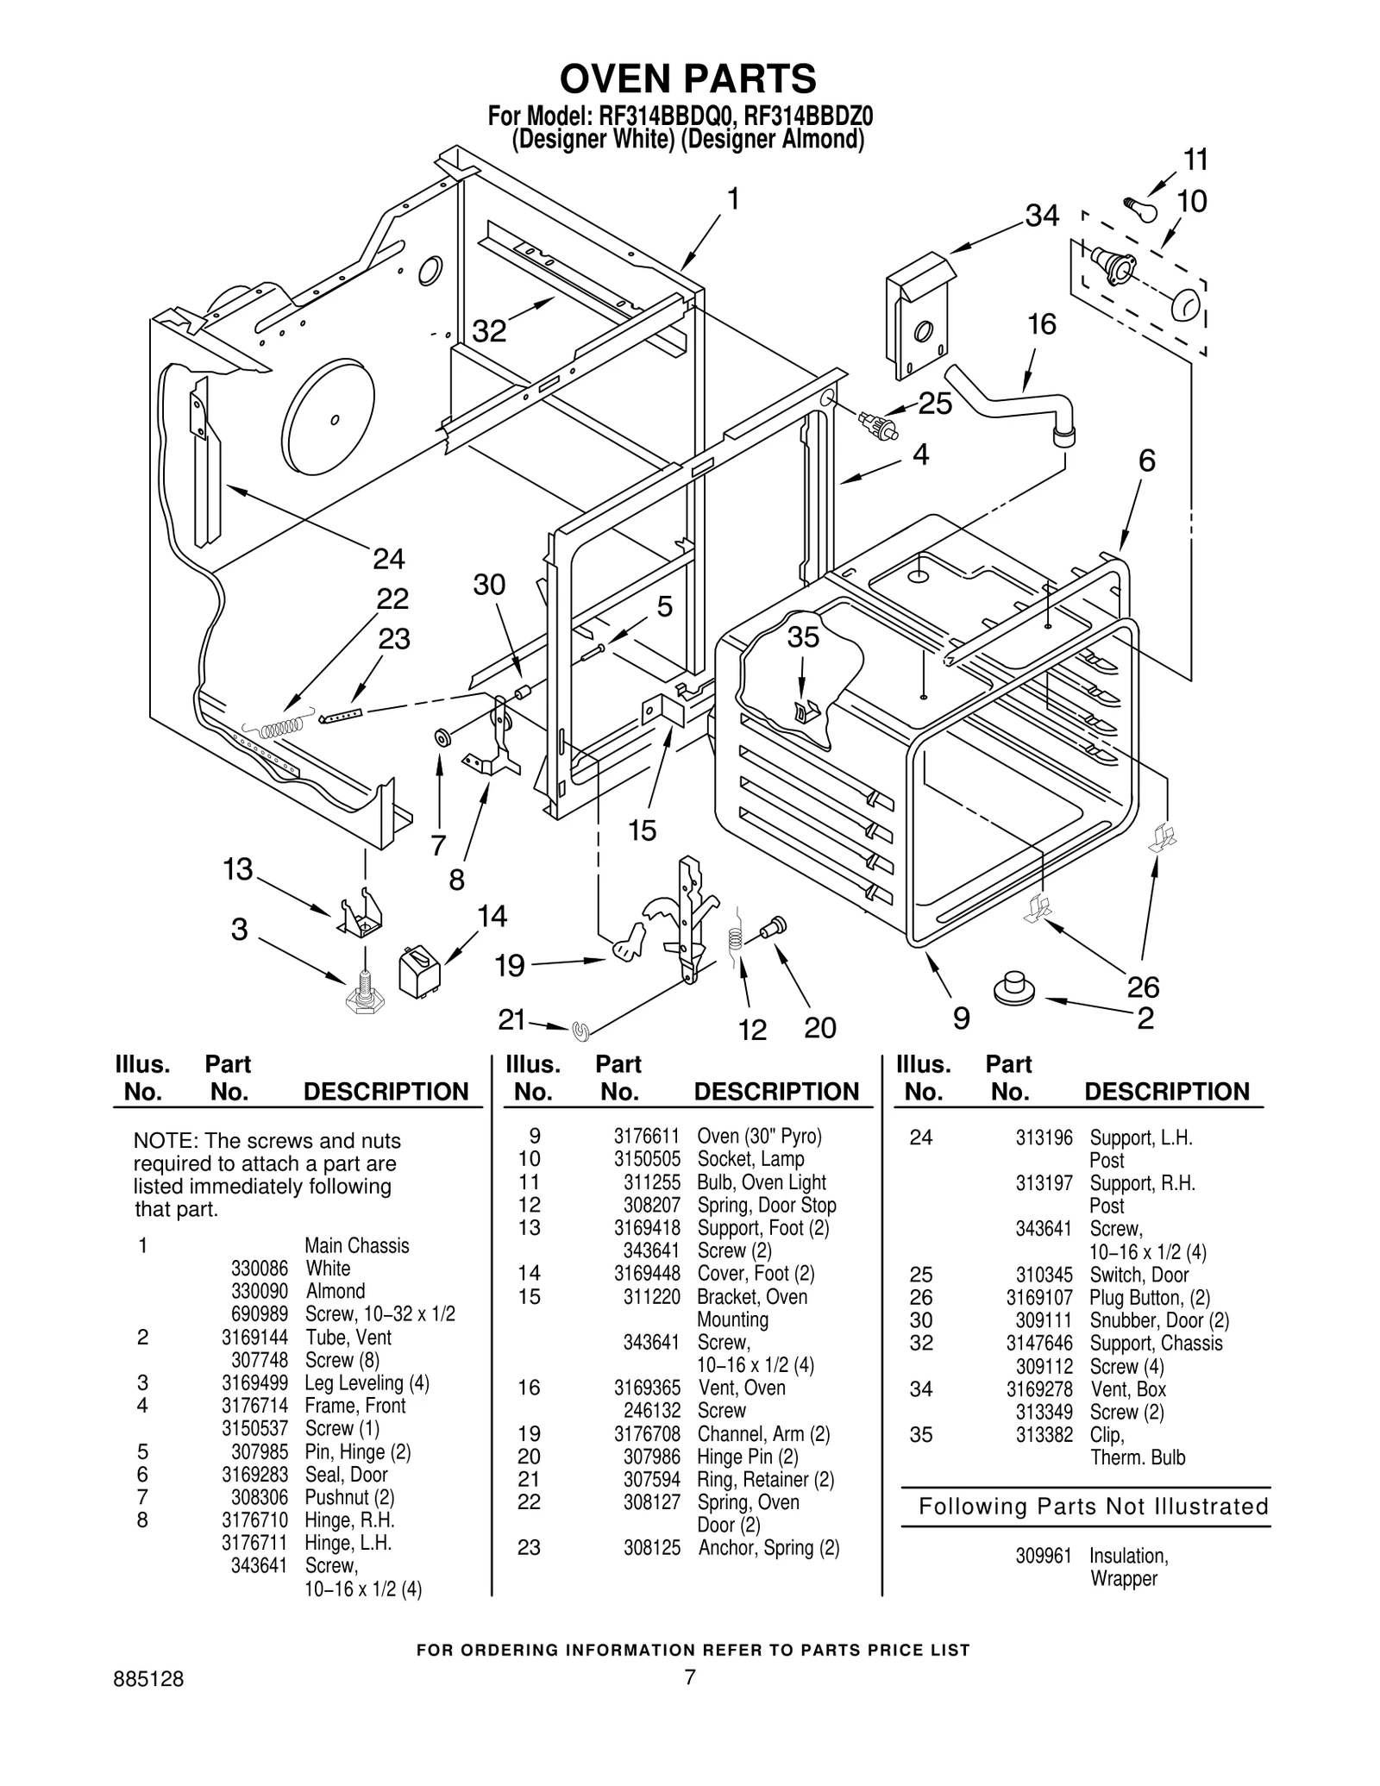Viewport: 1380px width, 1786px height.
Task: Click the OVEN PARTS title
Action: tap(687, 78)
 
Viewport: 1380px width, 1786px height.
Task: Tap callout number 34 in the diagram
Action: tap(1041, 216)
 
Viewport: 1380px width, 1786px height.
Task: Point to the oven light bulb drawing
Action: tap(1143, 208)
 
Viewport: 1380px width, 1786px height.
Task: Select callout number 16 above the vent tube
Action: tap(1041, 324)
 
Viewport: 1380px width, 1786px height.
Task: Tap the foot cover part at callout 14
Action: tap(418, 971)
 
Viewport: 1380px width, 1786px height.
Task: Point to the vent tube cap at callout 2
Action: tap(1014, 988)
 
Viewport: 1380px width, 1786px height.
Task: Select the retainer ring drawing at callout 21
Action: tap(580, 1030)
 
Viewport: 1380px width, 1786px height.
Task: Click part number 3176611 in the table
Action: tap(646, 1136)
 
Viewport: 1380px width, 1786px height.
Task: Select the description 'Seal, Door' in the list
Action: tap(346, 1475)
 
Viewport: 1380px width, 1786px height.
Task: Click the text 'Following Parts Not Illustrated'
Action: tap(1093, 1507)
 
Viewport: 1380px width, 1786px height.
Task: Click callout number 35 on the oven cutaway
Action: tap(802, 637)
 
